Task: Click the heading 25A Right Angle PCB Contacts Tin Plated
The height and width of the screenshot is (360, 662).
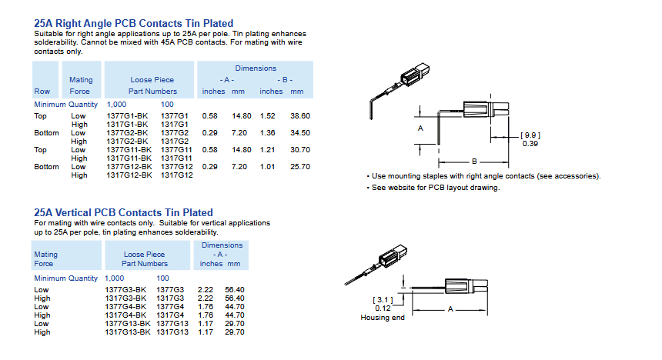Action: tap(133, 23)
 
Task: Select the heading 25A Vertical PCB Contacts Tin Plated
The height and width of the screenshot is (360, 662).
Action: tap(123, 212)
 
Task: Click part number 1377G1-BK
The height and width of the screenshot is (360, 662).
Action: tap(127, 115)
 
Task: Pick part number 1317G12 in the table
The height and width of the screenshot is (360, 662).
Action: tap(177, 175)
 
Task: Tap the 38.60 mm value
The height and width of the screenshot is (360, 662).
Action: tap(300, 115)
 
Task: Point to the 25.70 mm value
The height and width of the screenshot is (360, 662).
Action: tap(300, 167)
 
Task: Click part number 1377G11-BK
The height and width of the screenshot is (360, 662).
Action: tap(129, 150)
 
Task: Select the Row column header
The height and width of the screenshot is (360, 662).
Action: tap(42, 92)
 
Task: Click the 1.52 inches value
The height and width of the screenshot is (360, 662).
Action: tap(268, 115)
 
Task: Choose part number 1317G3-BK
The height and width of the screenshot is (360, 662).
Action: tap(125, 298)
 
